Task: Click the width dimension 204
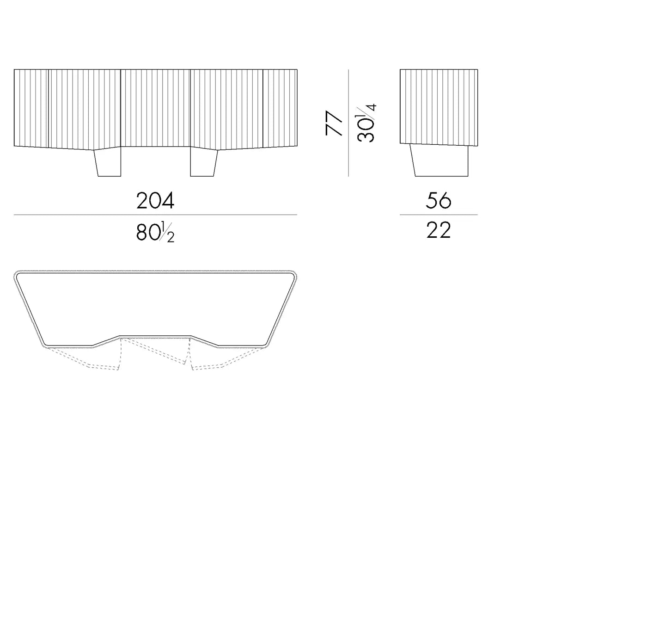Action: [x=155, y=201]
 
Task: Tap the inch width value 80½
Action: [x=155, y=232]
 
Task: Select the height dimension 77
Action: [x=334, y=123]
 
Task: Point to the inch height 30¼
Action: [x=366, y=123]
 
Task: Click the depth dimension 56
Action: [x=438, y=201]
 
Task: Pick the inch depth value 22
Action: [x=438, y=230]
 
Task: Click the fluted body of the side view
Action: [x=439, y=107]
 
